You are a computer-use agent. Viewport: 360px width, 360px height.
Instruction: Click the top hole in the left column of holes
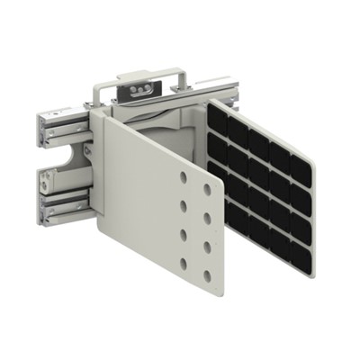pyautogui.click(x=184, y=177)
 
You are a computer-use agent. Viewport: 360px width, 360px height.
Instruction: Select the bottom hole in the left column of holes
pyautogui.click(x=184, y=263)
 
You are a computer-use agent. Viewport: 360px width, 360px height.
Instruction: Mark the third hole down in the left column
pyautogui.click(x=184, y=235)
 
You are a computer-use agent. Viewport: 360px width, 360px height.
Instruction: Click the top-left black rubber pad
pyautogui.click(x=216, y=116)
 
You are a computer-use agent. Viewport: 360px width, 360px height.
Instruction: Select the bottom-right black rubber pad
pyautogui.click(x=301, y=261)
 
